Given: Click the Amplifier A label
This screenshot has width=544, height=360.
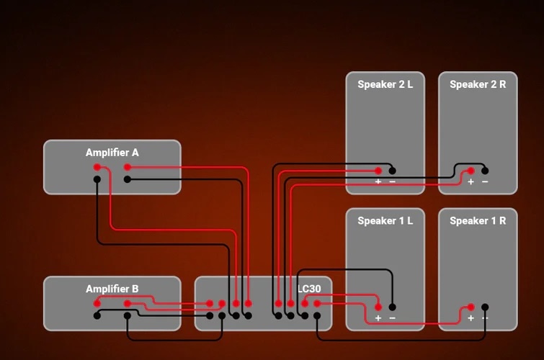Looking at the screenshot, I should click(x=112, y=153).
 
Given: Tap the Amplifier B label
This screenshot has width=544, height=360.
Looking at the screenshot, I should click(x=112, y=289).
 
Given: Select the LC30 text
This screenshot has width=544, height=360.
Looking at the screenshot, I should click(x=309, y=289).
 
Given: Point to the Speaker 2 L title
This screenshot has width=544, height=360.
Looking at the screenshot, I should click(x=385, y=84).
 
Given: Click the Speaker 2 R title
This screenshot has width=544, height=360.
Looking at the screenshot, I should click(x=478, y=84).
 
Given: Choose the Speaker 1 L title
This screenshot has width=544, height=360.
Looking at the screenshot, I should click(x=385, y=221).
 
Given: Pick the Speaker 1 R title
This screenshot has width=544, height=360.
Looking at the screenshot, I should click(x=478, y=221).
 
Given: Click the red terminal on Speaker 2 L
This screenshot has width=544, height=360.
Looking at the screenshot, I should click(x=378, y=171).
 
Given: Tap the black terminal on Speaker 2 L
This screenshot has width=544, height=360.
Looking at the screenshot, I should click(x=392, y=171).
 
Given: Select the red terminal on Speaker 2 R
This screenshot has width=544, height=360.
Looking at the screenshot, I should click(x=471, y=171).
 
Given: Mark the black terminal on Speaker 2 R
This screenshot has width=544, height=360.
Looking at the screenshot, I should click(x=485, y=171).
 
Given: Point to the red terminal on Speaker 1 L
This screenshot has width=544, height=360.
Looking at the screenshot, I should click(x=378, y=307).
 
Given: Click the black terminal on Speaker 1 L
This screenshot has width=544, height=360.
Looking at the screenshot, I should click(x=392, y=307).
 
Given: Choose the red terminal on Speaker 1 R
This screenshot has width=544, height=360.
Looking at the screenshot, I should click(x=471, y=307).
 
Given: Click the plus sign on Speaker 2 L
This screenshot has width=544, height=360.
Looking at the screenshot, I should click(x=378, y=181).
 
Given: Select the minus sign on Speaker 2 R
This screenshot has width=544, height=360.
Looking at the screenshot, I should click(x=485, y=181).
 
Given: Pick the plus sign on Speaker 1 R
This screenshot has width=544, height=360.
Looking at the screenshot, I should click(x=471, y=318).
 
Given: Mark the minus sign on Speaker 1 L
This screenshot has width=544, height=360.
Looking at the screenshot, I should click(x=392, y=318).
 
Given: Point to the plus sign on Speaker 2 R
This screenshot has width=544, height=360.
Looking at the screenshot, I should click(x=471, y=181).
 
